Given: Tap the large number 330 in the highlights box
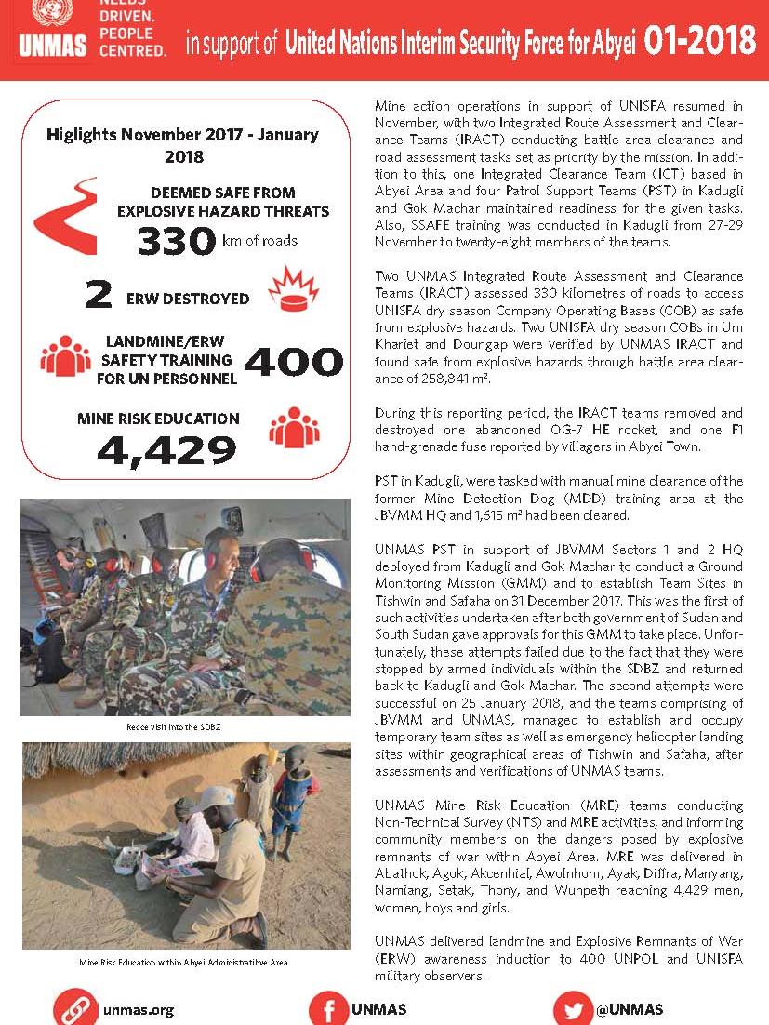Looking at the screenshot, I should (178, 241).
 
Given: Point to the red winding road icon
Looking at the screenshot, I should (65, 216).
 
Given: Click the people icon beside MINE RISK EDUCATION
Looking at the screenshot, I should (294, 427).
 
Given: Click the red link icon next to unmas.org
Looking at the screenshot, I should (73, 1009).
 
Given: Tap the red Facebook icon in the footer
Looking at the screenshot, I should (327, 1009).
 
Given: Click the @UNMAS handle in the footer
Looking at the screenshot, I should (630, 1009).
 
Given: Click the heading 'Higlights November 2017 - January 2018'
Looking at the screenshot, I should (182, 146).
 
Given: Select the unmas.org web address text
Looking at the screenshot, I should (139, 1009).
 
